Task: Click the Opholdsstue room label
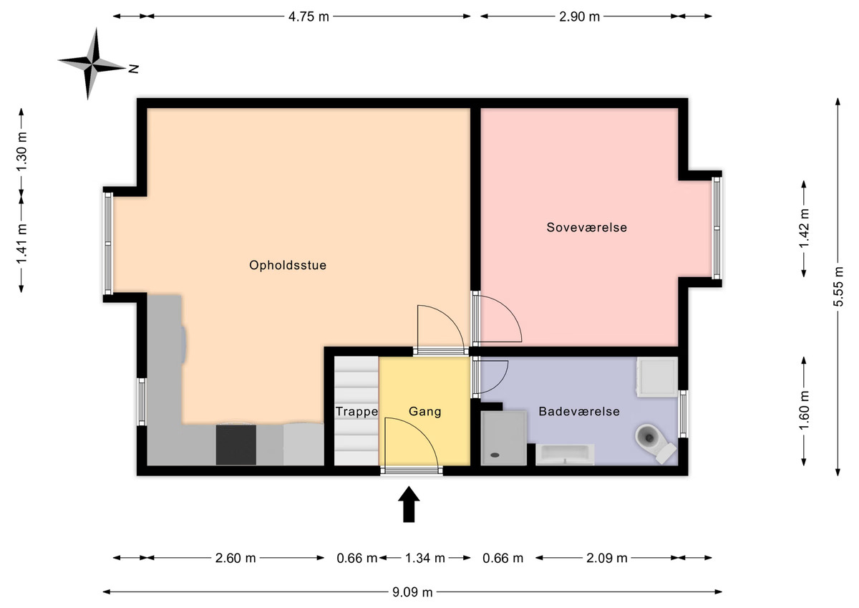(x=288, y=265)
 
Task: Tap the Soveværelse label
(x=587, y=228)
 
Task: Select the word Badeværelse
(x=579, y=412)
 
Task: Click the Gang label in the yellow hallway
(x=425, y=412)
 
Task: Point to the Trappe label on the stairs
(x=356, y=412)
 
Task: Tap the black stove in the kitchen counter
(x=236, y=445)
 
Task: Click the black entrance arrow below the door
(x=409, y=504)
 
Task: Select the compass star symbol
(x=92, y=64)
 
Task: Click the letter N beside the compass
(x=133, y=69)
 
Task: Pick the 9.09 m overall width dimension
(x=412, y=592)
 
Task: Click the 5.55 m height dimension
(x=838, y=286)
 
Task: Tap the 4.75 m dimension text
(x=309, y=17)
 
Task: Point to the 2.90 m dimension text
(x=579, y=17)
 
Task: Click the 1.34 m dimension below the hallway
(x=425, y=558)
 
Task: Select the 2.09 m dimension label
(x=607, y=558)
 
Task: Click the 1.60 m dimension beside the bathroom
(x=804, y=411)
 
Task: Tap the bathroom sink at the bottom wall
(x=565, y=454)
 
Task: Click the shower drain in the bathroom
(x=495, y=455)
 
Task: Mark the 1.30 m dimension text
(x=22, y=153)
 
